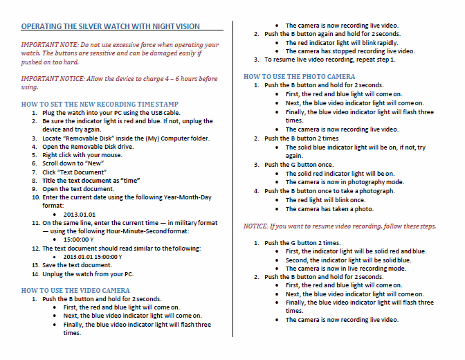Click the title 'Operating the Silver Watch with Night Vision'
(111, 26)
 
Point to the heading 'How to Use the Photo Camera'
(300, 76)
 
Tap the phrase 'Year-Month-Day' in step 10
(187, 197)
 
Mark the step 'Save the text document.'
(77, 265)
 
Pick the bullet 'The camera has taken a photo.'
(329, 208)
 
